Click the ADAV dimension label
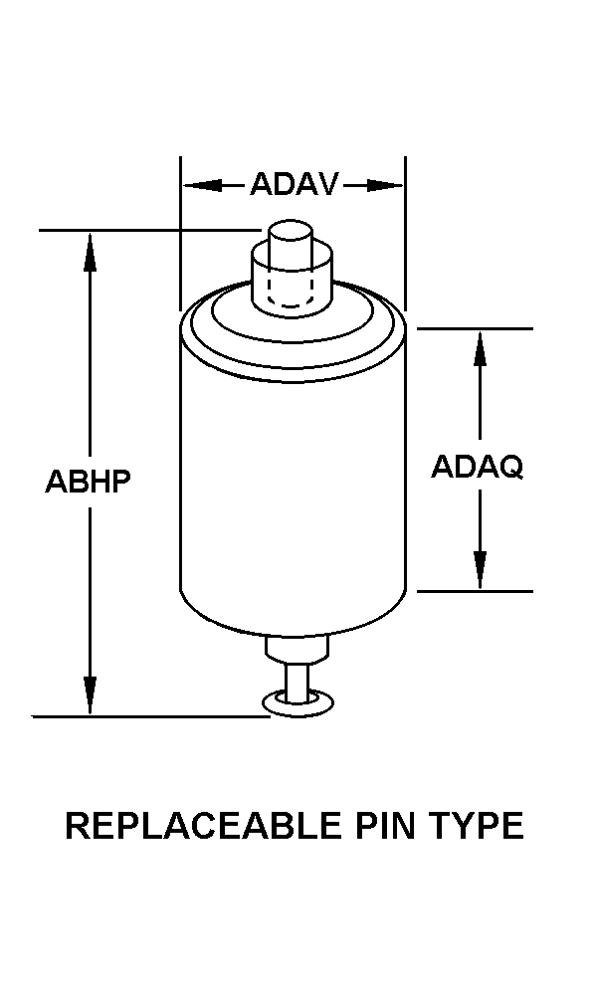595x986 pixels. coord(294,184)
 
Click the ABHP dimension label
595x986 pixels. coord(88,482)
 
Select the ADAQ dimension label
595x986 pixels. coord(477,468)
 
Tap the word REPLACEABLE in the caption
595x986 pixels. coord(203,826)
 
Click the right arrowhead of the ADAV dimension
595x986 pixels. coord(384,185)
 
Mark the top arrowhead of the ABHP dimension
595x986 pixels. coord(90,252)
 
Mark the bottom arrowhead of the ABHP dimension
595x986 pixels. coord(90,695)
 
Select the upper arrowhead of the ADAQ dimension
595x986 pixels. coord(480,349)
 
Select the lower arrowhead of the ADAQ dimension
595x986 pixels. coord(480,570)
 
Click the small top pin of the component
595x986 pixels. coord(291,236)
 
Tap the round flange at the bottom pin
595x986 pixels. coord(297,703)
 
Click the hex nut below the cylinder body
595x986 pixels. coord(297,649)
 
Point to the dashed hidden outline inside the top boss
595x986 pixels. coord(291,291)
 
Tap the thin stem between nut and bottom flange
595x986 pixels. coord(297,681)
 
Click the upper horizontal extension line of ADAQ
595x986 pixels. coord(475,328)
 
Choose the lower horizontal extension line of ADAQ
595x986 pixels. coord(475,591)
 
